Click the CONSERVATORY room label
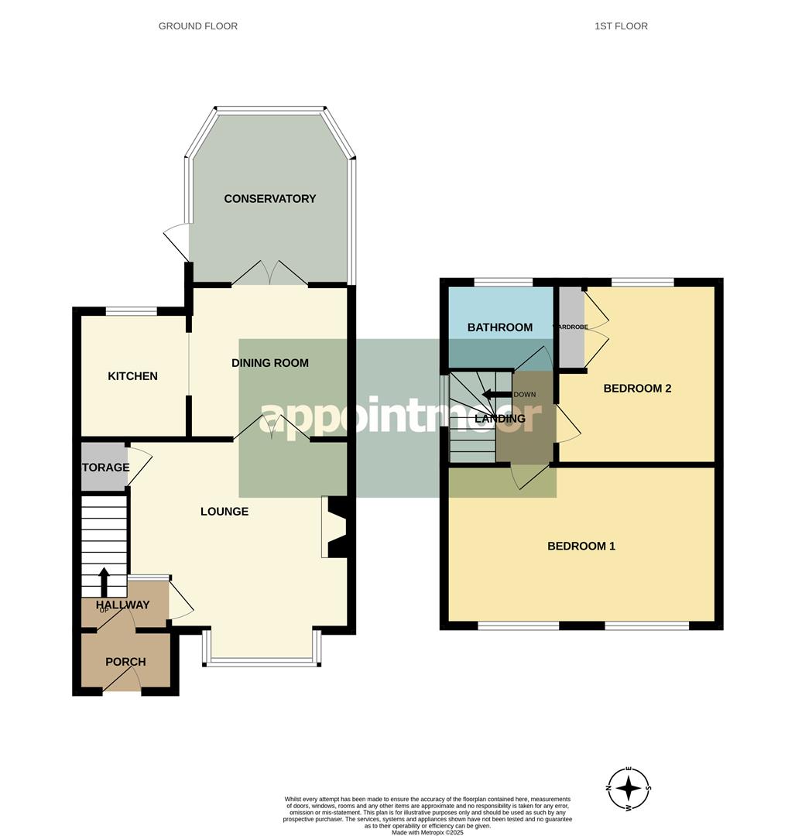(x=269, y=199)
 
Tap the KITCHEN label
(x=132, y=376)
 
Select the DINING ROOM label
(x=270, y=362)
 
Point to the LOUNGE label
(x=224, y=511)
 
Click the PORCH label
(x=125, y=662)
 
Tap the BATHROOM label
(x=500, y=327)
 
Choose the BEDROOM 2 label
(x=637, y=389)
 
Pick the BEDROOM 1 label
(x=581, y=546)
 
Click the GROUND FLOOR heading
(x=198, y=26)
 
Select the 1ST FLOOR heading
(x=621, y=26)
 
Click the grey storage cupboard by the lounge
(x=105, y=468)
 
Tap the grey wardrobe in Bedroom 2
(x=571, y=327)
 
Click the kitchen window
(x=132, y=312)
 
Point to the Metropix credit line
(x=427, y=832)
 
